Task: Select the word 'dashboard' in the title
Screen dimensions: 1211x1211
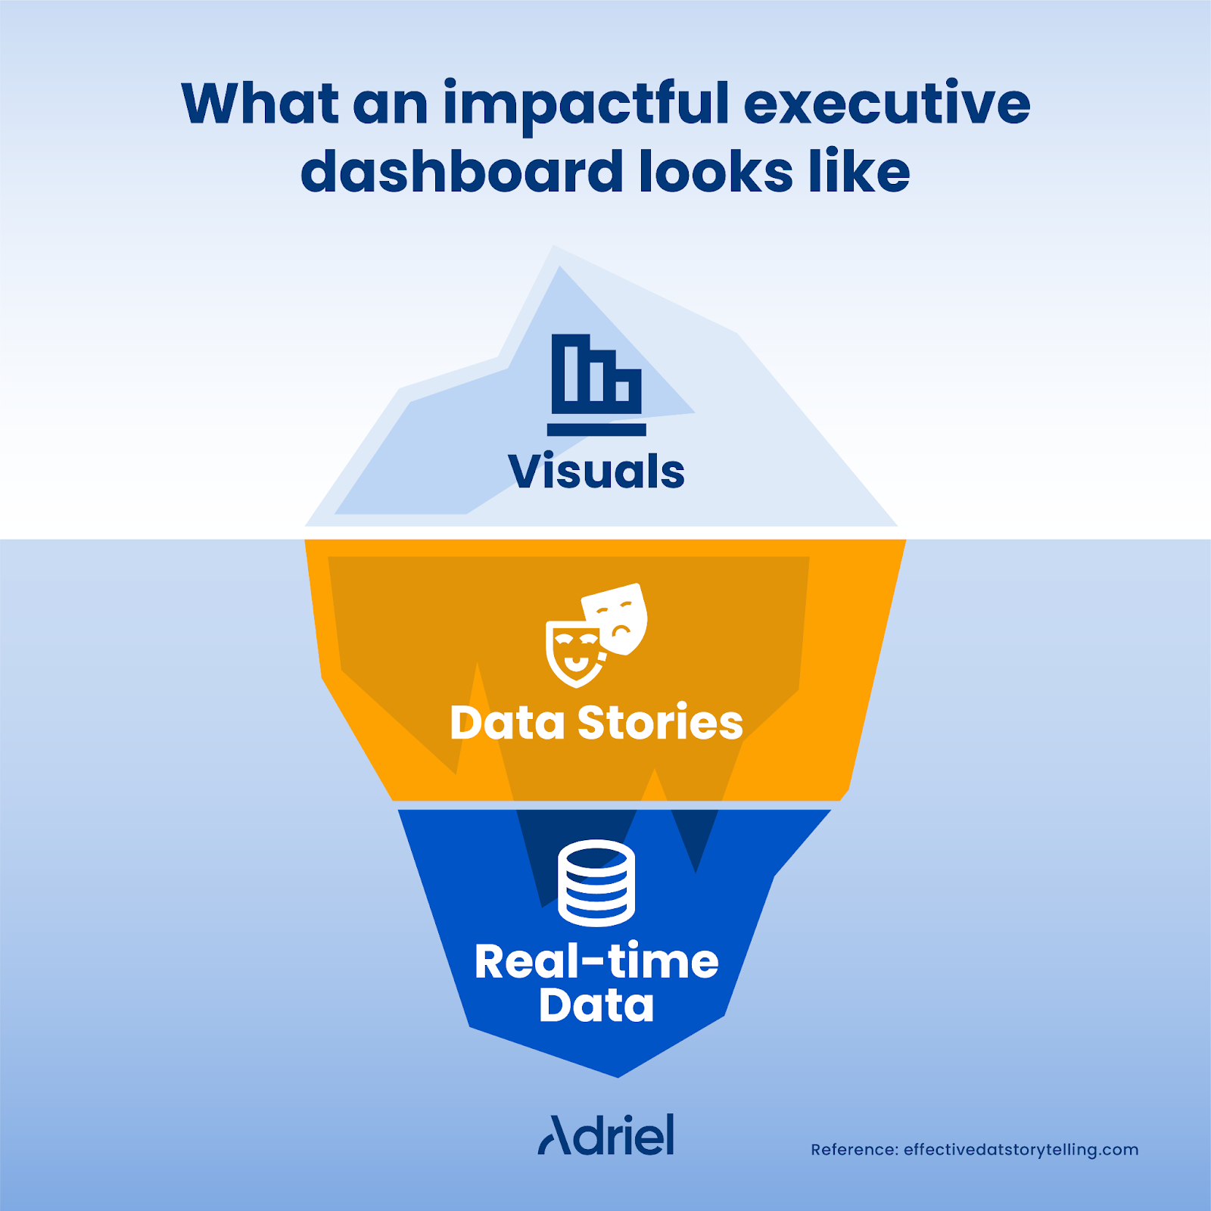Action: pos(461,172)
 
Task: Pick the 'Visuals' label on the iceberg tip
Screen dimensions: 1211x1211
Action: pos(596,472)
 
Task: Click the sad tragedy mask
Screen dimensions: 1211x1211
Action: pos(617,617)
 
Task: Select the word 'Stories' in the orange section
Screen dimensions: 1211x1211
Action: pos(660,723)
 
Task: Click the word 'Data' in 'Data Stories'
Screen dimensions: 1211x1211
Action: pos(507,723)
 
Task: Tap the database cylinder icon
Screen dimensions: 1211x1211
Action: pos(596,883)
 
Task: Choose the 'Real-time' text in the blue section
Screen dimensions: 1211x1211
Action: pos(596,962)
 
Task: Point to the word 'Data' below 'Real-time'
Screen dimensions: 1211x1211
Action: pos(596,1006)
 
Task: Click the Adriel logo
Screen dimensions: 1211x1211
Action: pos(606,1135)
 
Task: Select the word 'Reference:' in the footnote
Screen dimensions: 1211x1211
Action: pos(854,1150)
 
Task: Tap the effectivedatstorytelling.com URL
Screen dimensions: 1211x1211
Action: pos(1021,1150)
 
